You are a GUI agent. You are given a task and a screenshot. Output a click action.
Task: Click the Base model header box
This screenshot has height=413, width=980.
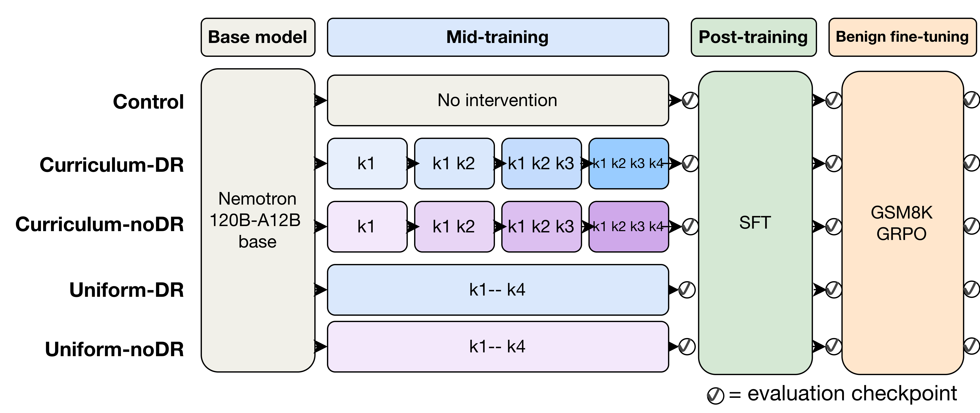click(x=258, y=37)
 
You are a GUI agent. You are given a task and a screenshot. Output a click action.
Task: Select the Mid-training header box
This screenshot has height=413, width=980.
click(x=498, y=37)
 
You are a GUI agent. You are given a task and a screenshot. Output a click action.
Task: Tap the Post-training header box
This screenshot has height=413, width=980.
click(x=753, y=37)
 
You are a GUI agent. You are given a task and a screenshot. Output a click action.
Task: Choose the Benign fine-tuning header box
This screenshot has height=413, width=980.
click(x=902, y=37)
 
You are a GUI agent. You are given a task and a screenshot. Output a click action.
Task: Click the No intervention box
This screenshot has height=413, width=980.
click(x=498, y=100)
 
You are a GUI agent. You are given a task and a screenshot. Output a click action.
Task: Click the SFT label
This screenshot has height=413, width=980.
click(x=755, y=222)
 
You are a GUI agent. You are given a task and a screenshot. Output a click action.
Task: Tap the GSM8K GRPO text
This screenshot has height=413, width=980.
click(x=902, y=223)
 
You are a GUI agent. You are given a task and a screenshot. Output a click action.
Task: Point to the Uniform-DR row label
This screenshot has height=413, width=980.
click(x=127, y=290)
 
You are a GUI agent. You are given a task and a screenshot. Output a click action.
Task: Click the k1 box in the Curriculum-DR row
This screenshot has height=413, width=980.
click(x=367, y=164)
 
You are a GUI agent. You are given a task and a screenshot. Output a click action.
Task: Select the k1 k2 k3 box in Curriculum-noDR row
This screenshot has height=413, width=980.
click(x=541, y=227)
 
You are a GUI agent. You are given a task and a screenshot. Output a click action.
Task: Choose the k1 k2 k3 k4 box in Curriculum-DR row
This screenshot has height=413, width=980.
click(x=628, y=164)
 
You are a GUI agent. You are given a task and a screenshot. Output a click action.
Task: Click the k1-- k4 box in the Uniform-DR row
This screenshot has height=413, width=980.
click(x=498, y=290)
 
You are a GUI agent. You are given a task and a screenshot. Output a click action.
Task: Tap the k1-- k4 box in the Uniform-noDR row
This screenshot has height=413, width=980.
click(x=498, y=346)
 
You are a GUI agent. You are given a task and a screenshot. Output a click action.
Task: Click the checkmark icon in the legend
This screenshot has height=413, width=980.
click(x=715, y=396)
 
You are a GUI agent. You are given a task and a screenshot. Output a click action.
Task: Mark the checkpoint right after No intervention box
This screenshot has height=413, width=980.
click(x=690, y=100)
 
